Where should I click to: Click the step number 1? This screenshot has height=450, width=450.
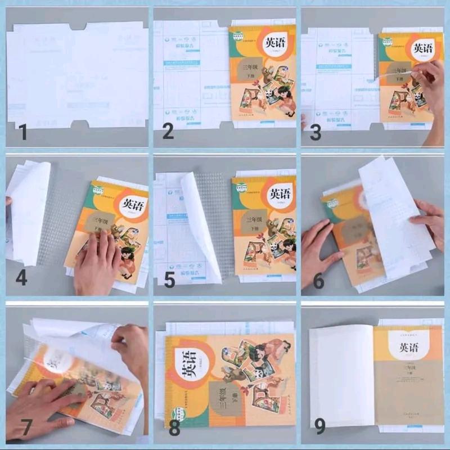[x=22, y=133]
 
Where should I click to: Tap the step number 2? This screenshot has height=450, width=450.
[x=168, y=132]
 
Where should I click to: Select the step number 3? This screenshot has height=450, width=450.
[x=316, y=133]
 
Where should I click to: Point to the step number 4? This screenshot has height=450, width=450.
[x=21, y=278]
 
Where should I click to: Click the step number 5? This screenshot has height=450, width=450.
[x=169, y=280]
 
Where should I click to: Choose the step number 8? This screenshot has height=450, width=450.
[x=174, y=429]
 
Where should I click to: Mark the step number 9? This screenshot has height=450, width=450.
[x=319, y=427]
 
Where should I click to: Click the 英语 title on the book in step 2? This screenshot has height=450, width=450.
[x=274, y=43]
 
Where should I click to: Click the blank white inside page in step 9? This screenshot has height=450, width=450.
[x=341, y=377]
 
